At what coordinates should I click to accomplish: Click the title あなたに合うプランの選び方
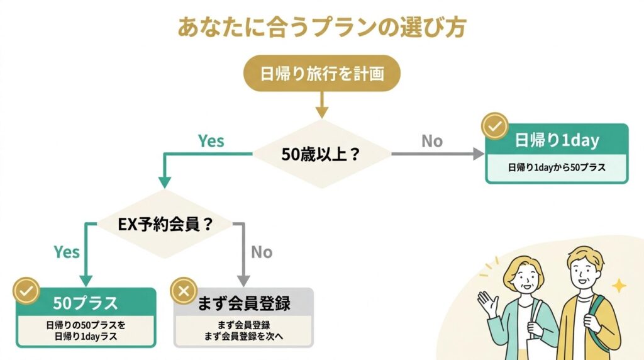(x=321, y=28)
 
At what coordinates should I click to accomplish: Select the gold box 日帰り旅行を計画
(x=321, y=74)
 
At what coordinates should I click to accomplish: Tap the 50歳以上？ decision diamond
(x=321, y=154)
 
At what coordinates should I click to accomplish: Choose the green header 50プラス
(x=86, y=303)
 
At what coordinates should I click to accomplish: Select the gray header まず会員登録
(x=243, y=303)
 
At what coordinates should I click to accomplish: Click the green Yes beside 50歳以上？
(x=211, y=140)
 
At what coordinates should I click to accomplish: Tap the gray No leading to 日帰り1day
(x=432, y=141)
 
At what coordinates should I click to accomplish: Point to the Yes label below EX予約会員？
(x=67, y=252)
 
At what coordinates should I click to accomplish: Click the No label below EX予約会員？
(x=262, y=252)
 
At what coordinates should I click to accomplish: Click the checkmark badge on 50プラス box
(x=27, y=291)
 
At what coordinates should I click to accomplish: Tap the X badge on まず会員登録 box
(x=184, y=291)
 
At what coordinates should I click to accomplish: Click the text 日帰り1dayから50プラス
(x=557, y=168)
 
